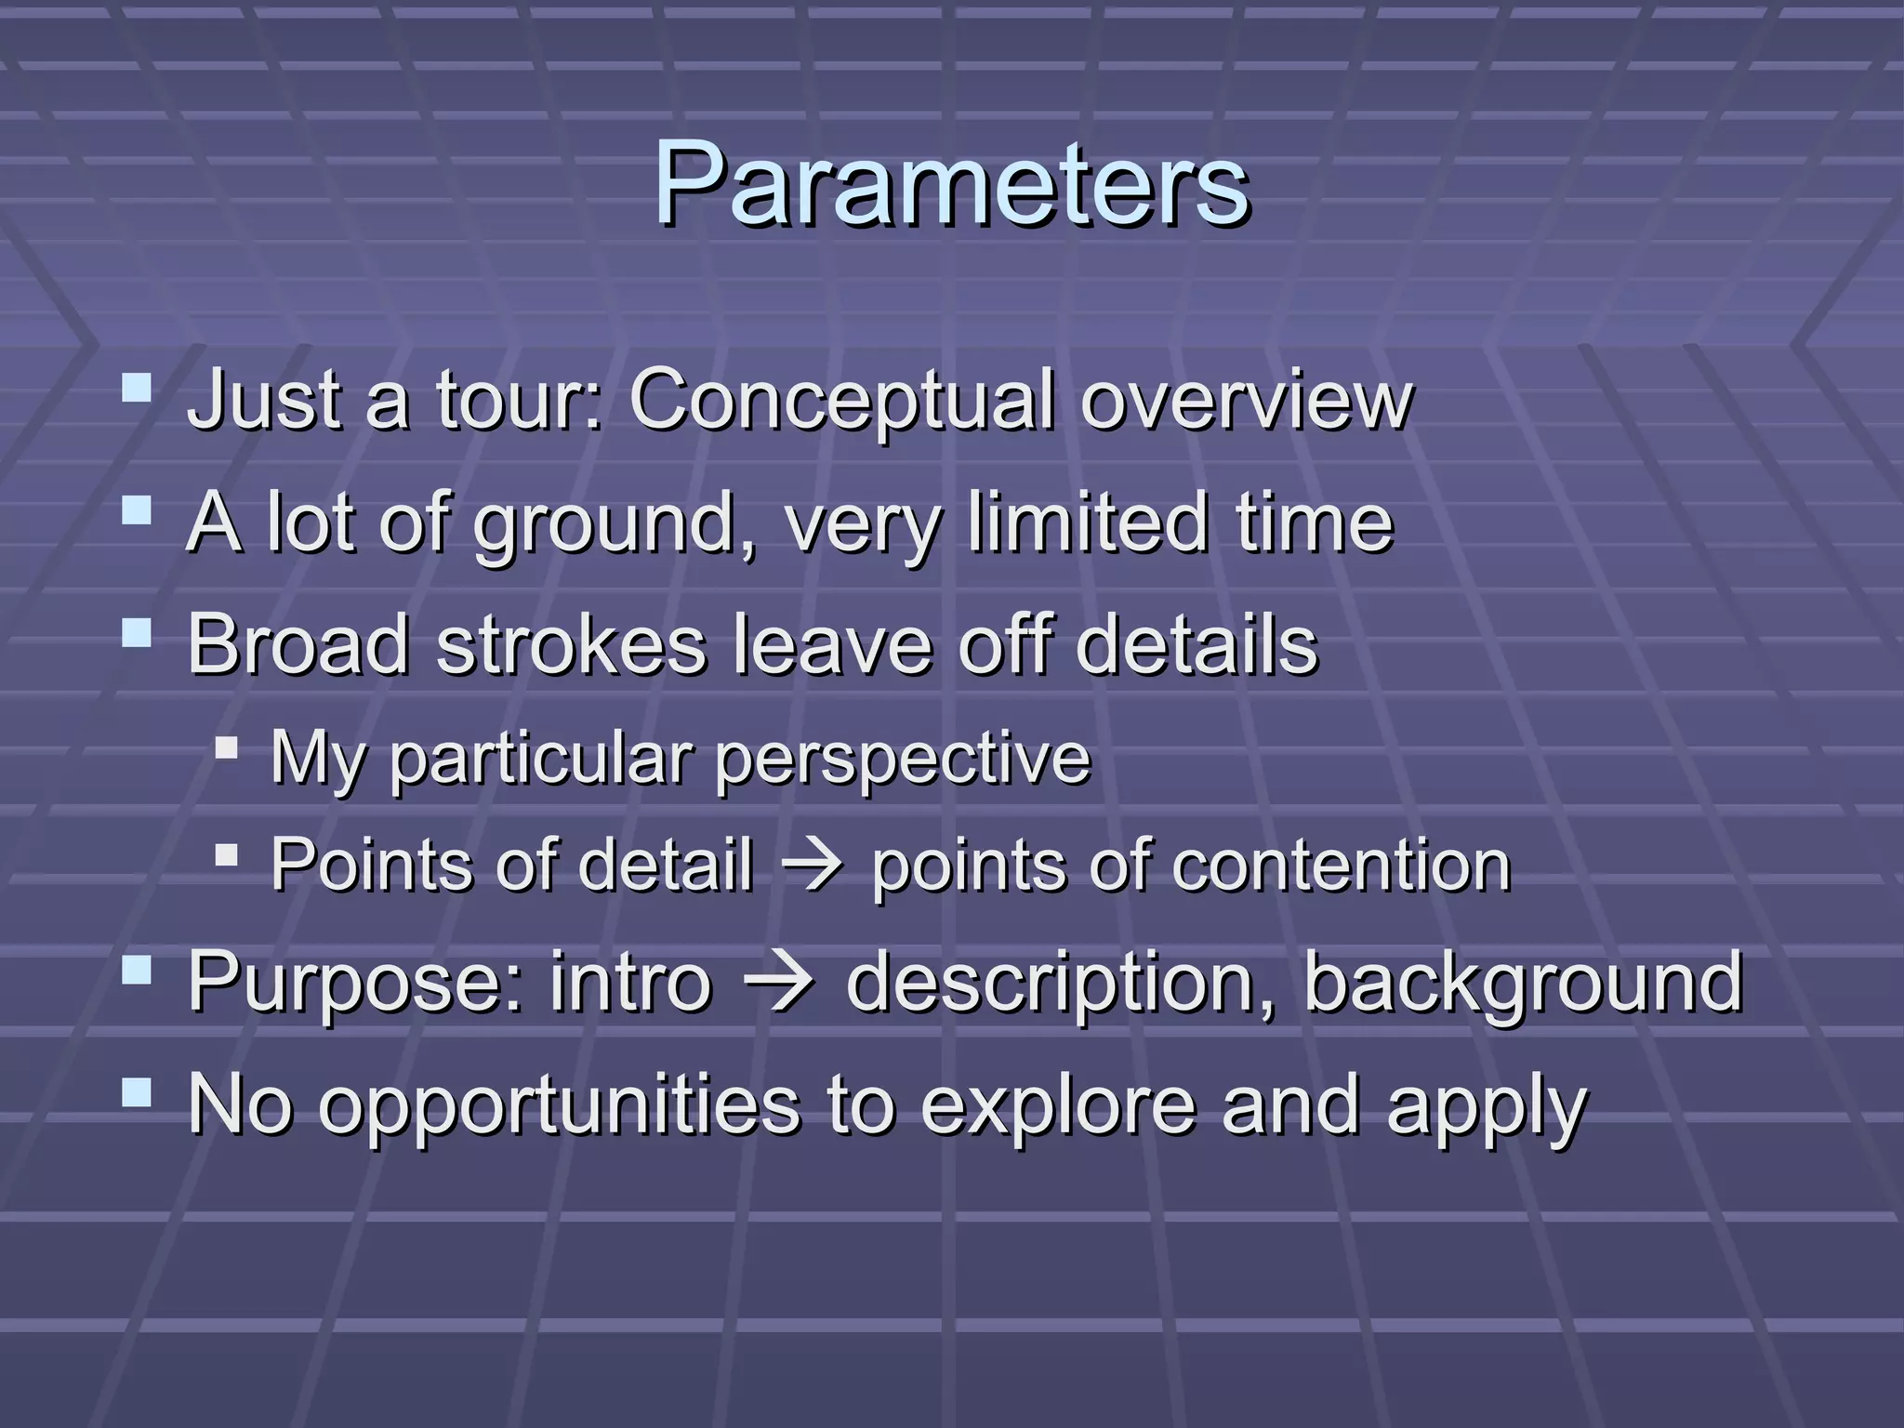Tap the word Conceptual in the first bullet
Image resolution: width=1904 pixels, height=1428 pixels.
pos(842,400)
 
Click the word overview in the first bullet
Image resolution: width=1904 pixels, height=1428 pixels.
pos(1246,400)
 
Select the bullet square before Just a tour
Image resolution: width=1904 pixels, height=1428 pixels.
pos(137,387)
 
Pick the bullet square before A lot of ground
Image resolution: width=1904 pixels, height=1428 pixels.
pos(137,510)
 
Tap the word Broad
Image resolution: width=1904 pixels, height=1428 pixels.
pos(298,644)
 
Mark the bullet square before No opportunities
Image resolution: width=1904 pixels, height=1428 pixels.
pos(137,1093)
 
